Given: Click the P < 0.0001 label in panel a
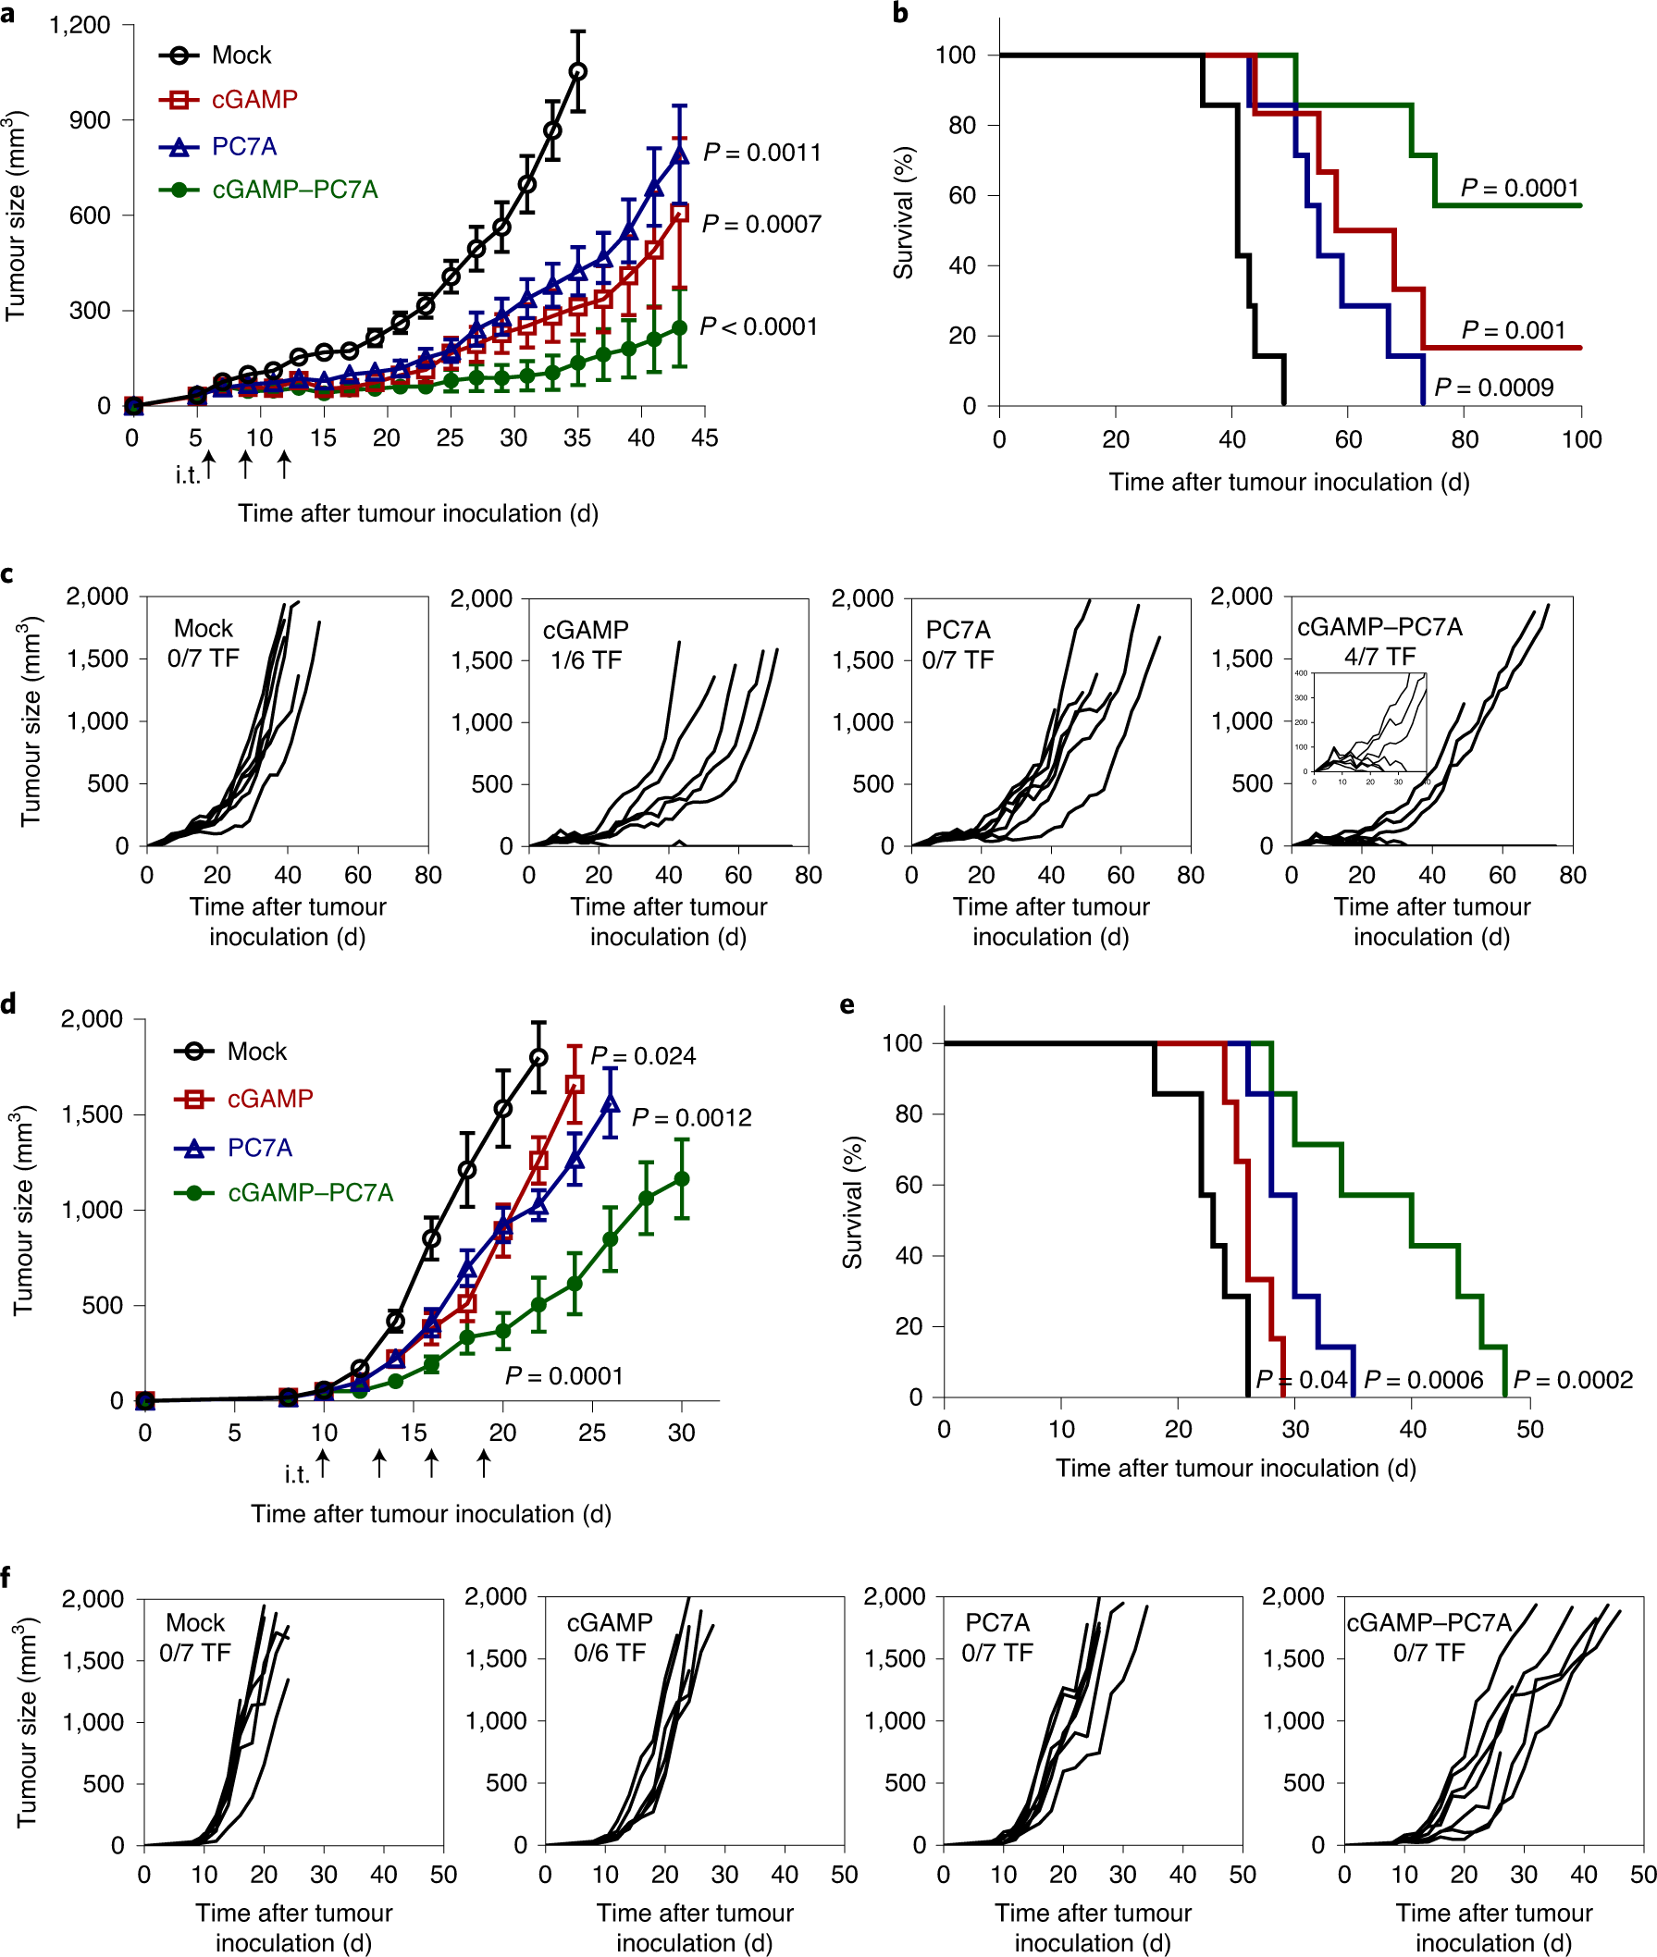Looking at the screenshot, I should (x=759, y=326).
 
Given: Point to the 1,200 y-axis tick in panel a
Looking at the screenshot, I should (x=80, y=25).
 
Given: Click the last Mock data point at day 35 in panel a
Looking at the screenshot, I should (x=577, y=71).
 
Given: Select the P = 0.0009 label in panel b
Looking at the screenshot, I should (x=1493, y=387).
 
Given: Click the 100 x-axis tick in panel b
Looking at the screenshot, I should (x=1581, y=439).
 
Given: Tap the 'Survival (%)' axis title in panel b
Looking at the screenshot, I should (x=904, y=213).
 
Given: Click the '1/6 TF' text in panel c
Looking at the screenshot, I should (x=587, y=660).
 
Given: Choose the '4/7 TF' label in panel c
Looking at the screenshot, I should (x=1379, y=657).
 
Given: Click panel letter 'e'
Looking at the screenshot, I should (x=847, y=1004).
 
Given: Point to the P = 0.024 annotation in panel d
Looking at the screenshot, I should (x=643, y=1055).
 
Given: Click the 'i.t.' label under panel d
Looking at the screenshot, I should (x=297, y=1475).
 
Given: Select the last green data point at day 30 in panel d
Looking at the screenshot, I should (x=682, y=1178).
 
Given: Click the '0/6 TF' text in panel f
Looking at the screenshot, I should (x=610, y=1653).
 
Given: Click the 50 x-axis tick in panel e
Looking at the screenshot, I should (x=1529, y=1429).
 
